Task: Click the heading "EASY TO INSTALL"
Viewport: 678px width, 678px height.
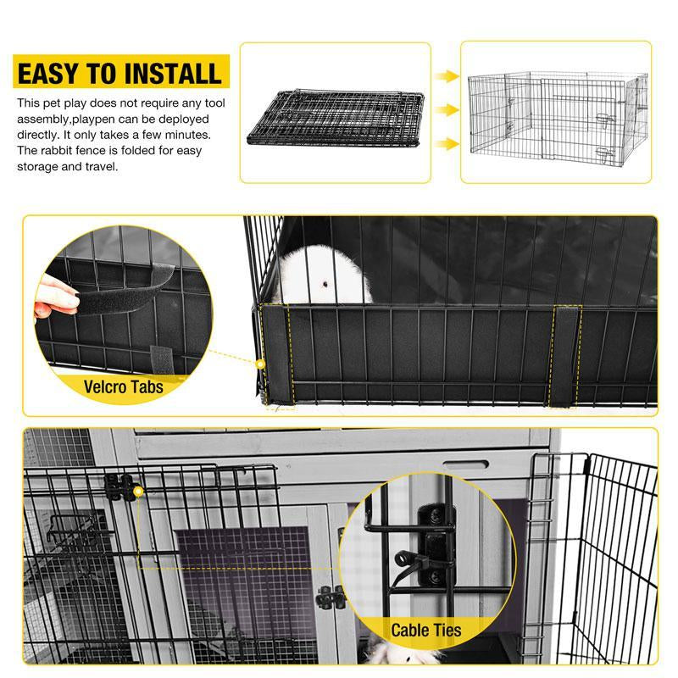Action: (x=119, y=72)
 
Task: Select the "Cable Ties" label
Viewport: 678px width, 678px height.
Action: (x=426, y=630)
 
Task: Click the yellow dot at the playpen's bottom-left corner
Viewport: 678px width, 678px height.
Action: (x=261, y=364)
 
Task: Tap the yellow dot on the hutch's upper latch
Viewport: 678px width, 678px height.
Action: (x=136, y=489)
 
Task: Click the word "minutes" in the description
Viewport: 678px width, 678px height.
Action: (x=186, y=136)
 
